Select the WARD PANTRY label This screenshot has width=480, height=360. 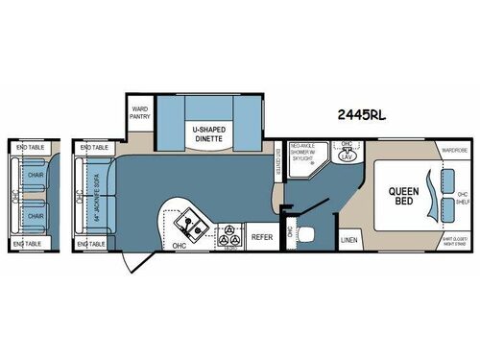pos(139,111)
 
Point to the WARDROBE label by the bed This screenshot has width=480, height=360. pos(454,151)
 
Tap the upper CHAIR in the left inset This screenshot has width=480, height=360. pos(36,176)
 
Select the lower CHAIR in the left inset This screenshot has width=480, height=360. pos(36,217)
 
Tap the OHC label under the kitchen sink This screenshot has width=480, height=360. pos(178,245)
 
